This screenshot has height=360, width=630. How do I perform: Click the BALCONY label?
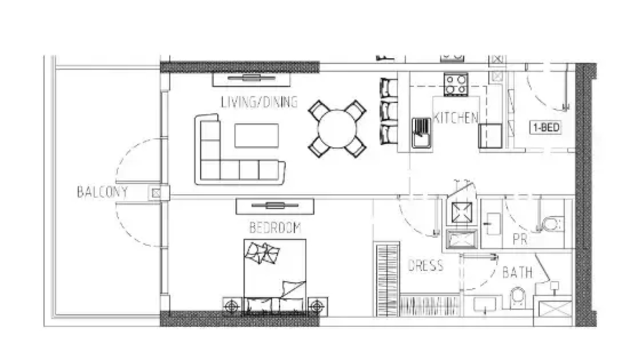(x=102, y=192)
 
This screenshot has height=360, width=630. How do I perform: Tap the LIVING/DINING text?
(x=259, y=102)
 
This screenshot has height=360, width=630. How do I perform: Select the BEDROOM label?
(x=275, y=227)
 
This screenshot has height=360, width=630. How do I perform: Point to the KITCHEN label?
(x=455, y=117)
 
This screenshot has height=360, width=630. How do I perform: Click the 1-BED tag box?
(x=546, y=127)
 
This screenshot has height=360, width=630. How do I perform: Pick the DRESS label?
(x=426, y=265)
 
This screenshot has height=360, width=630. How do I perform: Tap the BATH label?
(x=517, y=272)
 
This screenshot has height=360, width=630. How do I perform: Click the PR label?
(x=520, y=240)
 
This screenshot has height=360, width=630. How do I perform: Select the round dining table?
(x=337, y=129)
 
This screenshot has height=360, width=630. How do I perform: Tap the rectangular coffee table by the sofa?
(x=256, y=135)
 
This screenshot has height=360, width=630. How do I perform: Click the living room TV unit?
(x=251, y=79)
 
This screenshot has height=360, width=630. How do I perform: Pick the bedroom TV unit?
(x=275, y=206)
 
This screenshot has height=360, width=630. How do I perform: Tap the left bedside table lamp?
(x=232, y=307)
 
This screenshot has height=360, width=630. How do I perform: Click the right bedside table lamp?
(x=317, y=307)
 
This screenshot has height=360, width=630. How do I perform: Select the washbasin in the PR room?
(x=492, y=224)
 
